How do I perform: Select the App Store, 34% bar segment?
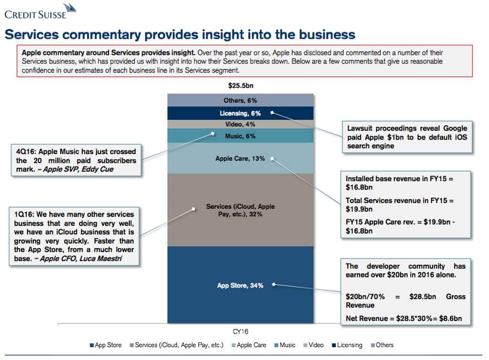coord(240,285)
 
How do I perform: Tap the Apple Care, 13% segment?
coord(240,158)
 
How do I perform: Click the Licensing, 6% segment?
coord(240,113)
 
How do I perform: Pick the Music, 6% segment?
coord(240,136)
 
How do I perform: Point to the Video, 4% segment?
coord(240,124)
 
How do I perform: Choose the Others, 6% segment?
coord(240,100)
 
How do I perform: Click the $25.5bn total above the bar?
coord(240,86)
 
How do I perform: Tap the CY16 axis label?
coord(240,331)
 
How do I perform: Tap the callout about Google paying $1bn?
coord(407,137)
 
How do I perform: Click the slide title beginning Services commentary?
coord(180,34)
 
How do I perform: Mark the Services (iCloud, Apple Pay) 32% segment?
coord(240,211)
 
